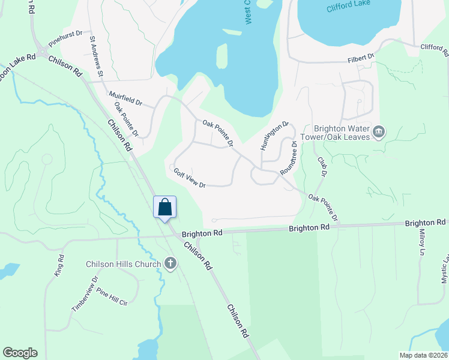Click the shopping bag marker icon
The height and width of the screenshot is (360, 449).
pos(165,208)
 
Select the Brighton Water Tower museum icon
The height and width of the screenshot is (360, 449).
pos(379,131)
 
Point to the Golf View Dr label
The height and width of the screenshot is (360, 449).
pos(190,179)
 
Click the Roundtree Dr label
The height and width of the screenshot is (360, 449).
pos(289,157)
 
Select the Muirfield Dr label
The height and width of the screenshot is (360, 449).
pos(125,99)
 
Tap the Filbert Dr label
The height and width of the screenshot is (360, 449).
pos(361,58)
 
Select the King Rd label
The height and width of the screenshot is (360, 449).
pos(60,265)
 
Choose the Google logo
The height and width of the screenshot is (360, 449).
pos(20,353)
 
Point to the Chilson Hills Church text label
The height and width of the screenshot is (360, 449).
pos(124,264)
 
